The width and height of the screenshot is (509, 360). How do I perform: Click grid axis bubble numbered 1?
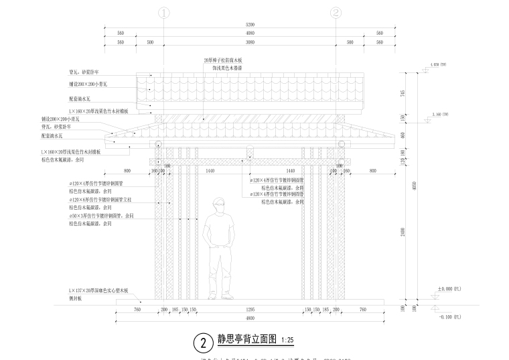click(165, 12)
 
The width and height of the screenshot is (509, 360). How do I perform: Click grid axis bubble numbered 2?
click(336, 12)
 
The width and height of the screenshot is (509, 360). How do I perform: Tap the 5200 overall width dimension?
click(250, 25)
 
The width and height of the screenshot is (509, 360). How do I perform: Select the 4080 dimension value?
click(250, 33)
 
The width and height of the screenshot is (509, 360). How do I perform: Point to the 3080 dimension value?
click(250, 42)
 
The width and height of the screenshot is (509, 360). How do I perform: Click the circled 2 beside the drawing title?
click(202, 342)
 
